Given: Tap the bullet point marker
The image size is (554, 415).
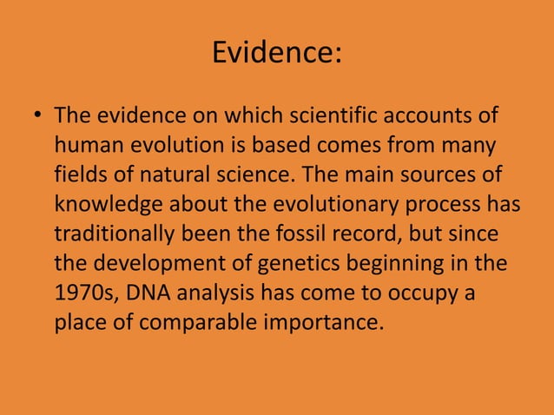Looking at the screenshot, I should [36, 117].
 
